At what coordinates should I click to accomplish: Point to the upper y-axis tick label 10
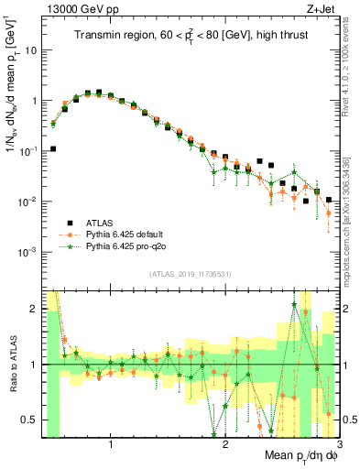click(x=30, y=50)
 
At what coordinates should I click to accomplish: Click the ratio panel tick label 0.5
click(x=28, y=420)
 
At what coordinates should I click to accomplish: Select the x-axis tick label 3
click(x=338, y=444)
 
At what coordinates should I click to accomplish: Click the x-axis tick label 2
click(x=225, y=444)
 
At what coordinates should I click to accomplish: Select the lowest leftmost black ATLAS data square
click(x=53, y=148)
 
